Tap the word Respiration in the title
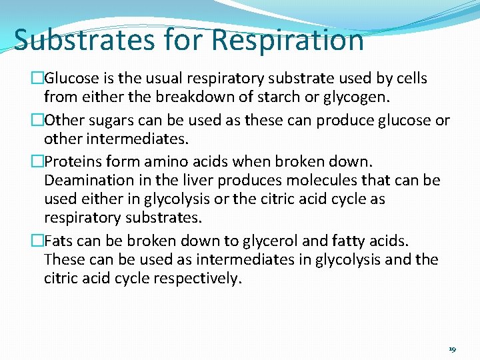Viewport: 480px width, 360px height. [288, 39]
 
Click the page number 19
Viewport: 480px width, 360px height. [453, 349]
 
